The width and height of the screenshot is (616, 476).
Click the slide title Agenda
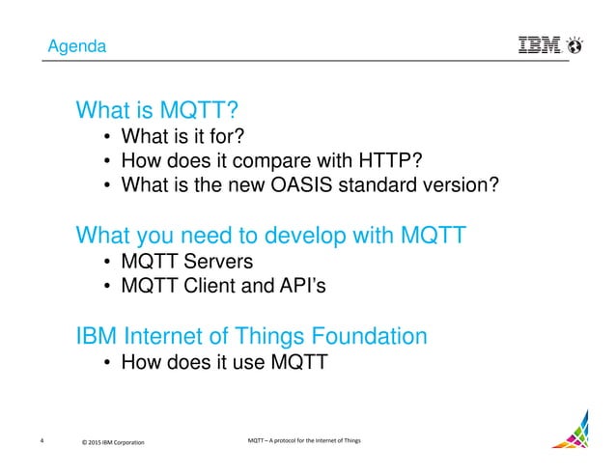(x=78, y=46)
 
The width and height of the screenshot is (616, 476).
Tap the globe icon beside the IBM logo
(x=576, y=43)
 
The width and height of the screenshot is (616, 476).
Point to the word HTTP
(x=388, y=159)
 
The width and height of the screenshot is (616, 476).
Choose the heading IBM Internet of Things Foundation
(x=251, y=337)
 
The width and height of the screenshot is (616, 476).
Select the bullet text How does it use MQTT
(x=224, y=364)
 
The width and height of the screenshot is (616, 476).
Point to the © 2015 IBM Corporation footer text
(x=113, y=442)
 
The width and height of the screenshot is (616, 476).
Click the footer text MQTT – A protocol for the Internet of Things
(x=304, y=441)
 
